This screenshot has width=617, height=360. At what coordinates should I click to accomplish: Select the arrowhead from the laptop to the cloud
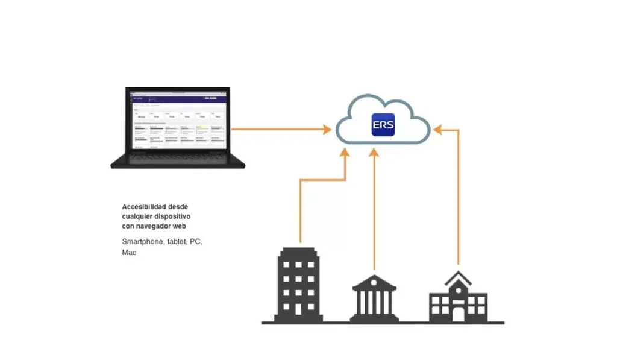[327, 128]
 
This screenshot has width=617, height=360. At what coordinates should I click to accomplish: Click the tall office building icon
[298, 283]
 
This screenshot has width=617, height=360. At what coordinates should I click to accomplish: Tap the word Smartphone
[142, 242]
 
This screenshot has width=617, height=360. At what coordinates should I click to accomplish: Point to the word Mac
[129, 253]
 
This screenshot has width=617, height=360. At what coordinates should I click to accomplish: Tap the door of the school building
[458, 314]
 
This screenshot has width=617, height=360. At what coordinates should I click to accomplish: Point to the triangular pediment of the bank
[374, 282]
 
